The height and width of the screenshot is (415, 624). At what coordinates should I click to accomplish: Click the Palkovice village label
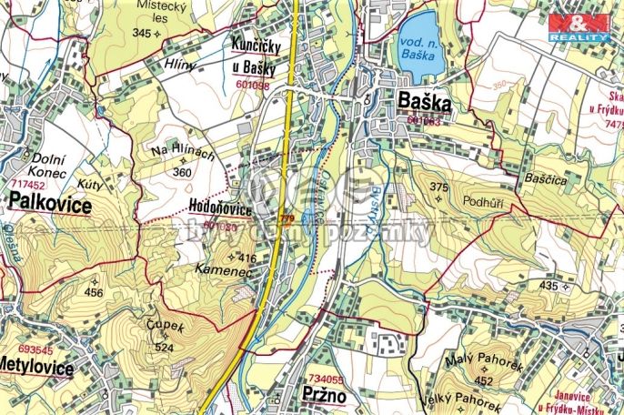[x=51, y=207]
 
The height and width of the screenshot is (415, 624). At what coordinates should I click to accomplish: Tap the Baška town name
[x=424, y=102]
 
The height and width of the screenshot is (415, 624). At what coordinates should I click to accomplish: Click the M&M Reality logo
[x=579, y=25]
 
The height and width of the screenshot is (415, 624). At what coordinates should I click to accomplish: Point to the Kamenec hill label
[x=219, y=270]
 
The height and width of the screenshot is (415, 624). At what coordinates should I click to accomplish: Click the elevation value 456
[x=94, y=293]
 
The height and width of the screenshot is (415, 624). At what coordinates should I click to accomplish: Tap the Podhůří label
[x=483, y=201]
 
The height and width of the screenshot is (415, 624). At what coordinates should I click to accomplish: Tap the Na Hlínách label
[x=182, y=154]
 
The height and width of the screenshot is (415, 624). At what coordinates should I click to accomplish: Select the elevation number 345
[x=141, y=34]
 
